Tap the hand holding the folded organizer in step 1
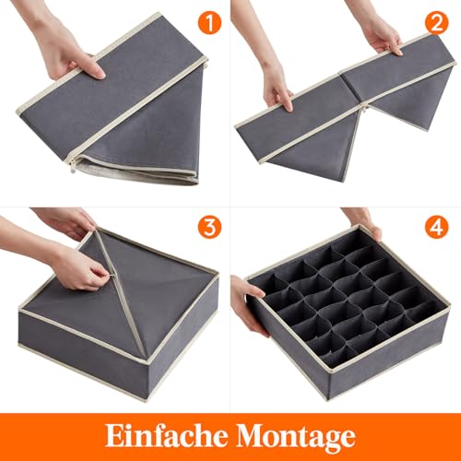(x=65, y=46)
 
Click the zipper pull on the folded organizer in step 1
(x=71, y=167)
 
